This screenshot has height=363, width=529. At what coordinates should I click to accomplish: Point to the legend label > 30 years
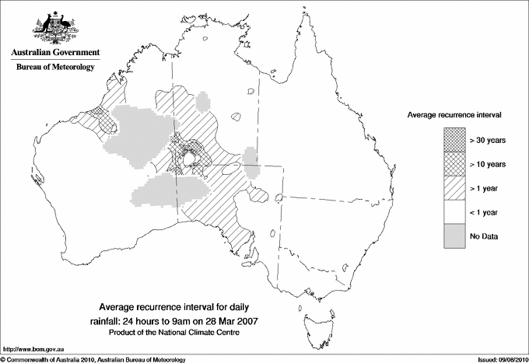[x=488, y=141]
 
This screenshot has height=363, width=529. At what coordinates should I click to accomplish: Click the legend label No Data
[x=485, y=236]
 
